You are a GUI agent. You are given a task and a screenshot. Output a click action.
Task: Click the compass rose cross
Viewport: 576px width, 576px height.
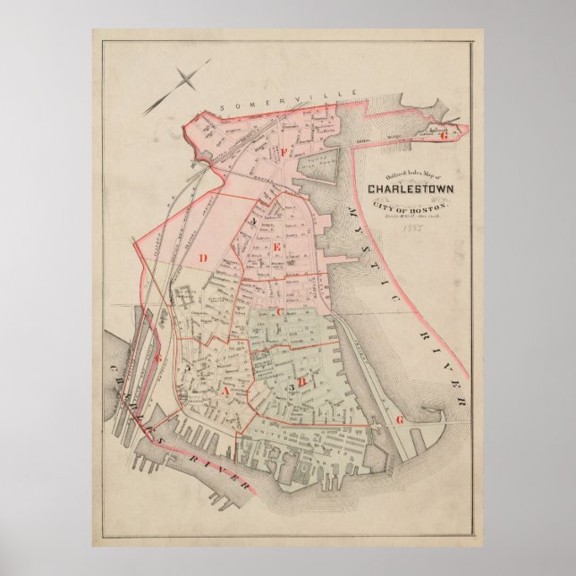pyautogui.click(x=186, y=81)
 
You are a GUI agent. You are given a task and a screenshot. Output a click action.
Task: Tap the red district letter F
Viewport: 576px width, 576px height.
pyautogui.click(x=285, y=151)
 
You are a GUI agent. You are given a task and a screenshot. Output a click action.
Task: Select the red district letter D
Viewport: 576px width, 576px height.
pyautogui.click(x=203, y=258)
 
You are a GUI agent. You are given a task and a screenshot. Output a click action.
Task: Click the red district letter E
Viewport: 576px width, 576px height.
pyautogui.click(x=277, y=246)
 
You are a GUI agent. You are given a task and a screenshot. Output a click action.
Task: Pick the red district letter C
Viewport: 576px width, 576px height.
pyautogui.click(x=279, y=311)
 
